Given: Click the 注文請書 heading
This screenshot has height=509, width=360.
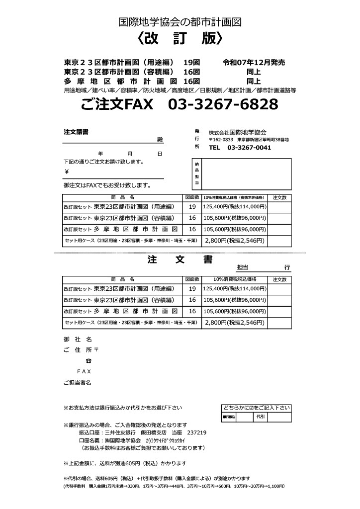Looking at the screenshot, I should tap(76, 132).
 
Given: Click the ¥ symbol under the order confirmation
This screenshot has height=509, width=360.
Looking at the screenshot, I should tap(66, 172).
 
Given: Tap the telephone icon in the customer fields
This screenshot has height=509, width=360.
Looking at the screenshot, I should tap(88, 360).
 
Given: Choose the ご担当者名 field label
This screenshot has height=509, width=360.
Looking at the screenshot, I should tap(77, 383).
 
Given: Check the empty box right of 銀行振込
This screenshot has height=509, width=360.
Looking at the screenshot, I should tap(244, 416).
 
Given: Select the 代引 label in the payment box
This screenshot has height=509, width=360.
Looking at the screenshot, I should tap(261, 416).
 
